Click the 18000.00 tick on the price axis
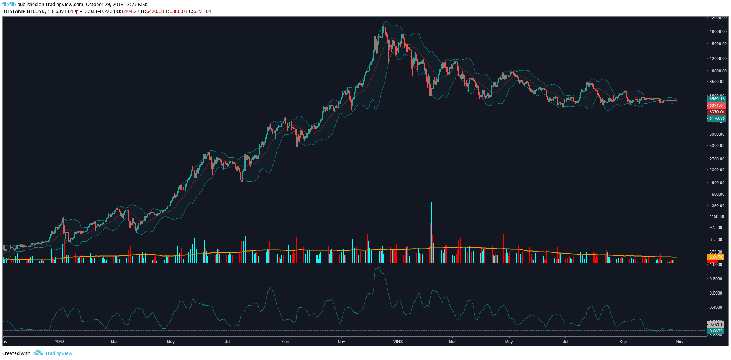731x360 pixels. click(x=718, y=31)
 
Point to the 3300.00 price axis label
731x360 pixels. click(x=717, y=146)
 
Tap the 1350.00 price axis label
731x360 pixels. click(x=717, y=206)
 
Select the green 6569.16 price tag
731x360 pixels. click(x=716, y=99)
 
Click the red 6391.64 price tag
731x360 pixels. click(x=716, y=105)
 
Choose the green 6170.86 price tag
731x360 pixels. click(x=716, y=119)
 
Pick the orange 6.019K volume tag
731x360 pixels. click(x=716, y=257)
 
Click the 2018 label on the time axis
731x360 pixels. click(x=398, y=342)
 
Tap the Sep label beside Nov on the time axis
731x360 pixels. click(x=623, y=342)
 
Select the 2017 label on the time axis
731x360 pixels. click(x=60, y=342)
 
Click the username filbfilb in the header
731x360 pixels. click(x=9, y=5)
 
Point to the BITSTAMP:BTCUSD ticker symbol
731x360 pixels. click(x=23, y=11)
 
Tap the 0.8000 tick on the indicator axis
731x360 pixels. click(x=716, y=279)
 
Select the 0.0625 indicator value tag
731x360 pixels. click(x=716, y=331)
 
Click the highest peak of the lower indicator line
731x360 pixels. click(x=378, y=268)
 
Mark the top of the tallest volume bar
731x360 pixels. click(x=431, y=202)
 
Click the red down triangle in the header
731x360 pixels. click(x=76, y=11)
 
